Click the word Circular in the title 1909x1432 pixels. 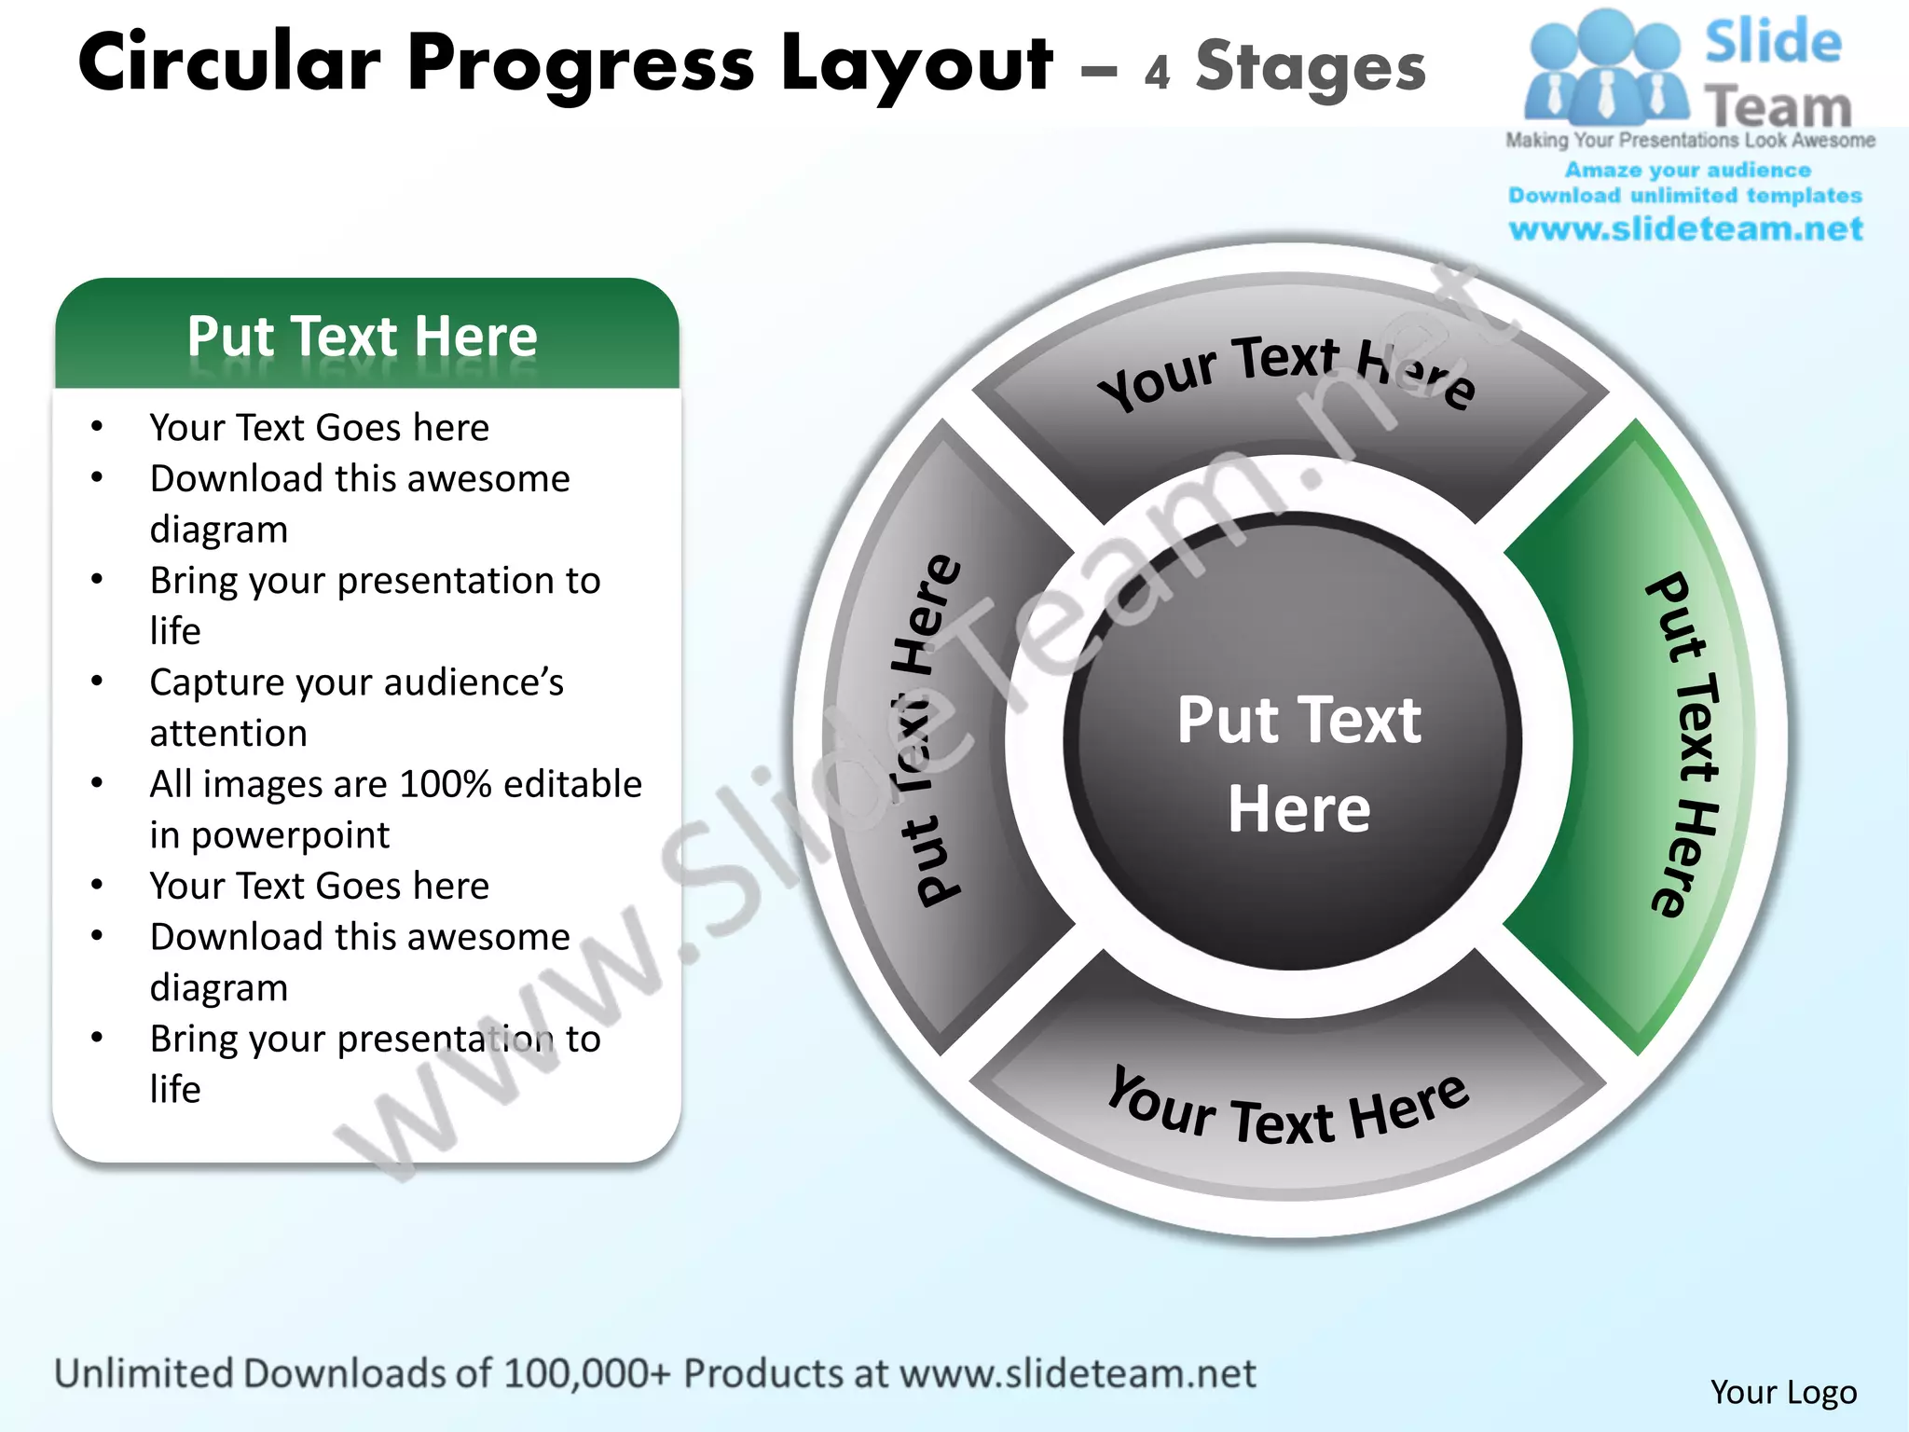click(229, 63)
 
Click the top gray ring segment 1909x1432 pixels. click(1291, 392)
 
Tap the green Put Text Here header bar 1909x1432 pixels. click(365, 336)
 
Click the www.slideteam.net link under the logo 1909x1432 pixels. click(1685, 228)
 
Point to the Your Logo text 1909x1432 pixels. click(1782, 1392)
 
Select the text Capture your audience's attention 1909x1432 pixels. click(356, 707)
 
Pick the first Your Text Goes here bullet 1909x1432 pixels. click(319, 428)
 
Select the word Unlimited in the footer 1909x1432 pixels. click(144, 1373)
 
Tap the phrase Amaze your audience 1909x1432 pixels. click(1687, 171)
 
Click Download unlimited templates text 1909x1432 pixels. click(1685, 196)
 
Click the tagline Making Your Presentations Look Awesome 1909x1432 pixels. click(1690, 141)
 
